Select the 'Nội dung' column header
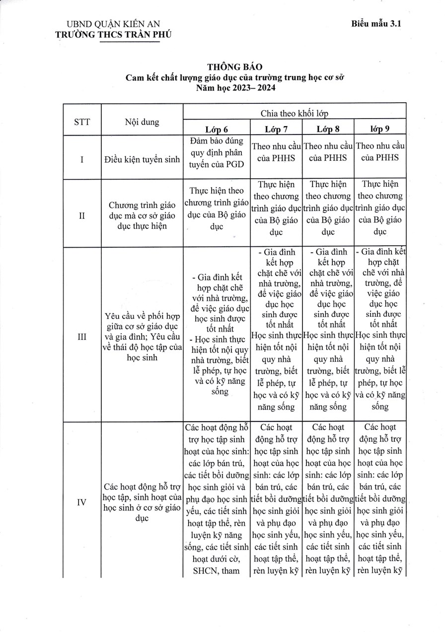(x=142, y=122)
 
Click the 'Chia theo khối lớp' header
(x=294, y=113)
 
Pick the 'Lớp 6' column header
(x=217, y=130)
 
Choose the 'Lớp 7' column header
(x=276, y=130)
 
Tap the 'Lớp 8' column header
(x=328, y=130)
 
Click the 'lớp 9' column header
(x=380, y=130)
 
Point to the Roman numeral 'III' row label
(x=82, y=337)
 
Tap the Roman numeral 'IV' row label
(x=82, y=502)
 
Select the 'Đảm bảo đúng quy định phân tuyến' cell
(x=217, y=154)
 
